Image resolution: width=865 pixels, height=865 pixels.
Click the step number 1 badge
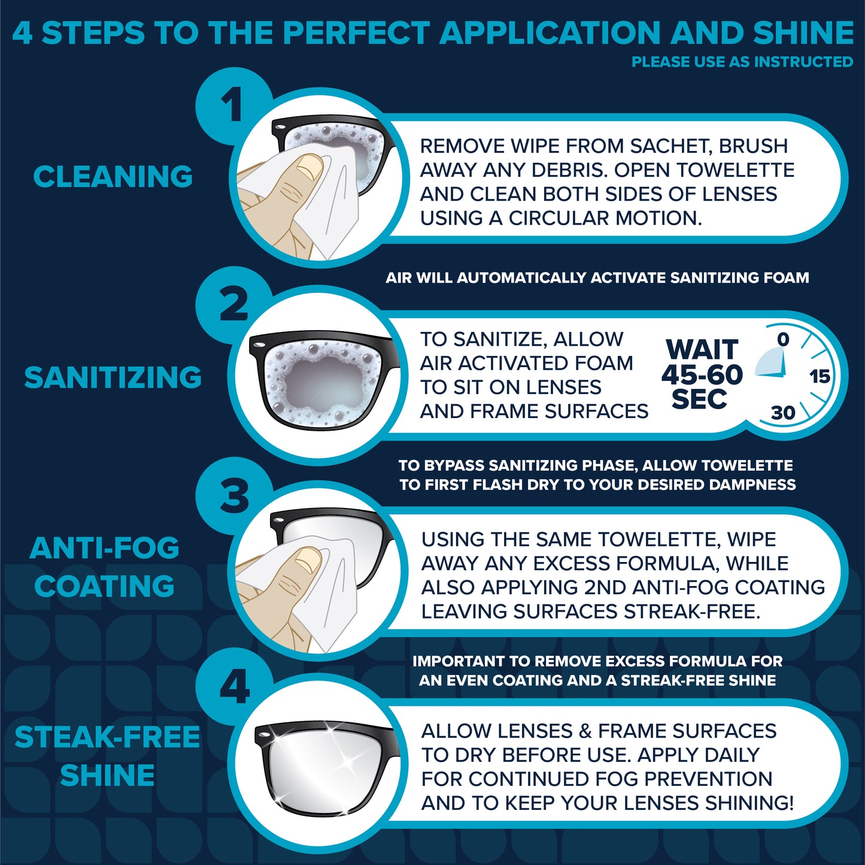pos(234,105)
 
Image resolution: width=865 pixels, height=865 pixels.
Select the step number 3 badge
pos(234,496)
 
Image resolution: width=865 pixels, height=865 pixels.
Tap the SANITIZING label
pos(113,377)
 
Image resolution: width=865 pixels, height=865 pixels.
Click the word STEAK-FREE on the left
pos(107,737)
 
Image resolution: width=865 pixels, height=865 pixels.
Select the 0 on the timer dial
pos(783,339)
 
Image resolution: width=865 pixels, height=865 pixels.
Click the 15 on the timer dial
pos(820,376)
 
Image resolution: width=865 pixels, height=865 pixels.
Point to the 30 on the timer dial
pos(784,412)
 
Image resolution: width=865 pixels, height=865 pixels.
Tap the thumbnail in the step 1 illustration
pos(309,165)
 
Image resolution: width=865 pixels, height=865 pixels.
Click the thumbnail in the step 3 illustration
pos(308,558)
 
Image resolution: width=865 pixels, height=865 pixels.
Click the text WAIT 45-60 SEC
pos(702,374)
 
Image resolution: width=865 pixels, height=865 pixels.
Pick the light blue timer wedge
pos(772,364)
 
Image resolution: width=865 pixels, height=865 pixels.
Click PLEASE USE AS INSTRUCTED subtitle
pos(742,62)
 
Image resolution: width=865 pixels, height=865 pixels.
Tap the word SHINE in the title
pos(803,32)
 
